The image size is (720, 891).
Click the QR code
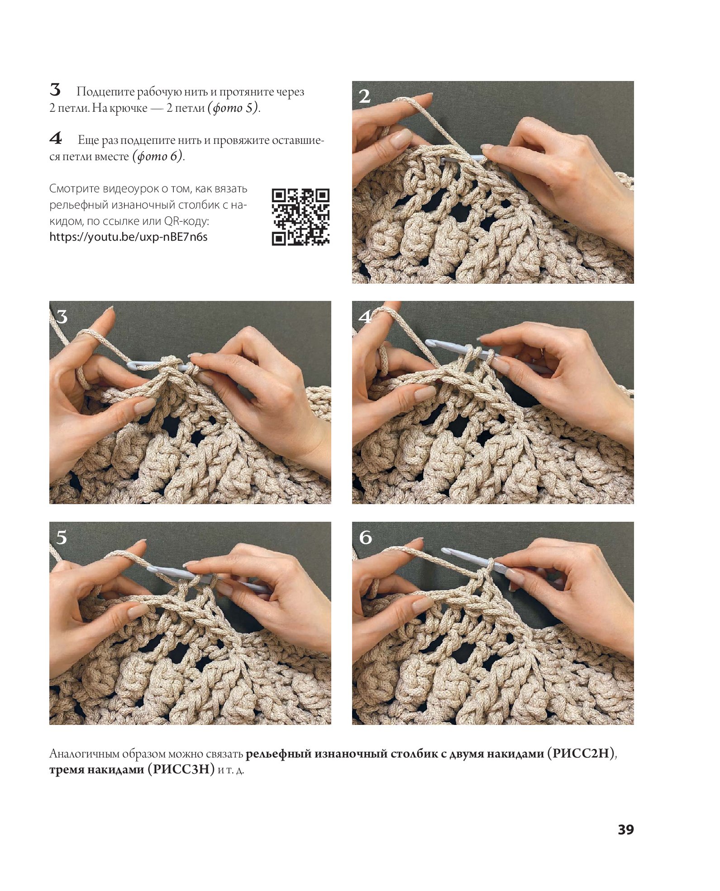pyautogui.click(x=300, y=217)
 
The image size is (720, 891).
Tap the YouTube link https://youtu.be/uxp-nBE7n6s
pyautogui.click(x=129, y=237)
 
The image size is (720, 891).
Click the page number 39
pyautogui.click(x=626, y=829)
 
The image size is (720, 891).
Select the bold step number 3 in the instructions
pyautogui.click(x=55, y=90)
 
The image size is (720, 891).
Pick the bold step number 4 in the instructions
pyautogui.click(x=56, y=138)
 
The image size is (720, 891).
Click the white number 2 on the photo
pyautogui.click(x=364, y=96)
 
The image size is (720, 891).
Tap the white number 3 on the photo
pyautogui.click(x=62, y=317)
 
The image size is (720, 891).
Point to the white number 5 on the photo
pyautogui.click(x=62, y=538)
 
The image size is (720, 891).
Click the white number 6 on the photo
pyautogui.click(x=365, y=538)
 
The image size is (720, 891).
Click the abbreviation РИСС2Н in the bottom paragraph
pyautogui.click(x=581, y=753)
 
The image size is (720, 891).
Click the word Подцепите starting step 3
pyautogui.click(x=105, y=92)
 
